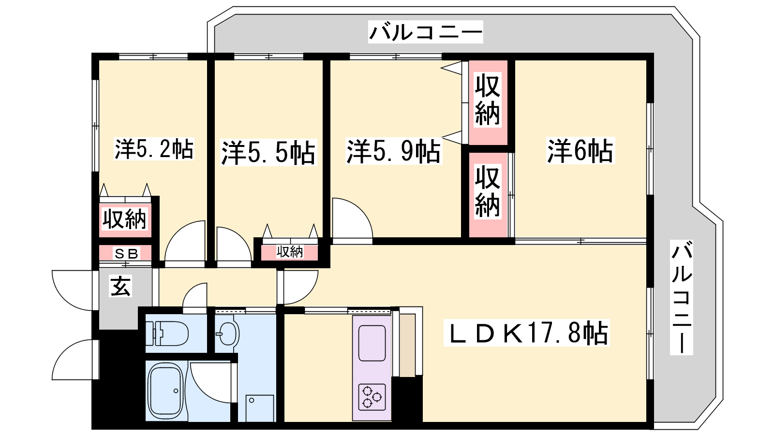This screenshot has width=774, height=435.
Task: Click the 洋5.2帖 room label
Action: pos(154,149)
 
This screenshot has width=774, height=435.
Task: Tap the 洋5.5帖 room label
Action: pos(268,153)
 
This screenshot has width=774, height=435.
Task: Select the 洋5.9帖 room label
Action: pos(394,151)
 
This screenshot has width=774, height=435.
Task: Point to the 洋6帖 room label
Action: pos(580,150)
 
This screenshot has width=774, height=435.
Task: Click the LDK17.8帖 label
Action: pos(527,333)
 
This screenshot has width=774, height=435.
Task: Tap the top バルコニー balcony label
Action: pos(425,32)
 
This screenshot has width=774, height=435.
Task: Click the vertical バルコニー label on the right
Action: pos(682,298)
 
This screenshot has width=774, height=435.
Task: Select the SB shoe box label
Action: pos(126,254)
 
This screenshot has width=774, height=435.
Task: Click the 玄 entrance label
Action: pos(120,286)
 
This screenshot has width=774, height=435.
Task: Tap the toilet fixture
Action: pos(166,333)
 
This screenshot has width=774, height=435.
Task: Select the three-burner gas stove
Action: pos(372,397)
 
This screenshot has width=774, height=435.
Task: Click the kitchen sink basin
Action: pos(372,343)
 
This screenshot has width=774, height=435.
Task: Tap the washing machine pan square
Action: pos(260,408)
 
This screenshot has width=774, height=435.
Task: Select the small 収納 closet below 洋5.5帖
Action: pos(290,252)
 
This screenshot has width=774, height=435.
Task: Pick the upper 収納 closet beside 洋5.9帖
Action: pos(488,102)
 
